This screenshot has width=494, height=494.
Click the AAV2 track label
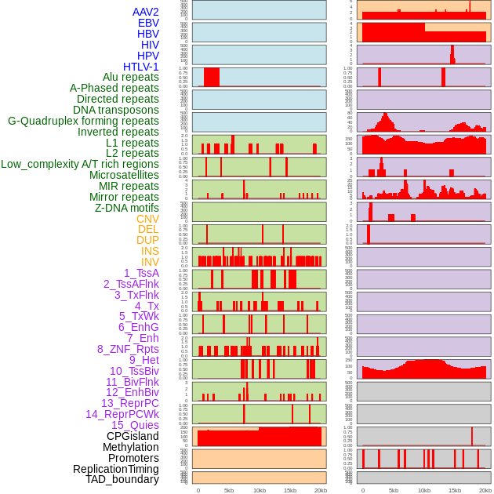click(146, 12)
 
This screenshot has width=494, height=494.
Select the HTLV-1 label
click(141, 67)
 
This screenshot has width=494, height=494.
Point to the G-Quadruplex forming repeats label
click(83, 122)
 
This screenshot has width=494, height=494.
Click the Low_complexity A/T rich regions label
click(80, 164)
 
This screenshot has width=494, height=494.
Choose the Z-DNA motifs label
click(127, 208)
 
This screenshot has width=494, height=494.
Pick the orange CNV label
click(147, 219)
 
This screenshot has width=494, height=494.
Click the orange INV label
click(150, 262)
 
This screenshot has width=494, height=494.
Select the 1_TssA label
click(141, 273)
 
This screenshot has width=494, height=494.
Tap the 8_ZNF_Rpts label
click(128, 349)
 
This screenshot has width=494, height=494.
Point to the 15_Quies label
click(135, 425)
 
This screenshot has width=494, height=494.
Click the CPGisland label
click(133, 436)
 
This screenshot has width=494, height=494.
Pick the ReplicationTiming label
click(116, 469)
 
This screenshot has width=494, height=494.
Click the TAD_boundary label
click(122, 479)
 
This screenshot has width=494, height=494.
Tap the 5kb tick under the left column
click(229, 490)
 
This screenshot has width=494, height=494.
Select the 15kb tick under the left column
click(290, 490)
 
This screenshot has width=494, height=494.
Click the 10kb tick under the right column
click(424, 490)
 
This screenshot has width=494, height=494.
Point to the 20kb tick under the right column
click(485, 490)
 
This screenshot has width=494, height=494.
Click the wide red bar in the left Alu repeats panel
click(212, 78)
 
